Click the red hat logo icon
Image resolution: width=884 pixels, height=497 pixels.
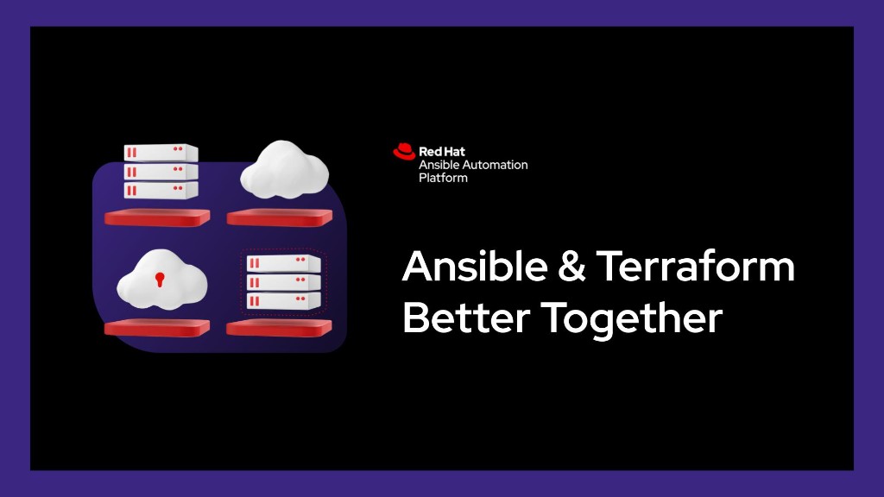(x=404, y=152)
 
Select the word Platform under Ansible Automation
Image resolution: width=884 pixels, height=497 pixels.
(x=443, y=178)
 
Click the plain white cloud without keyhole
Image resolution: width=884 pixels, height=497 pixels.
(x=284, y=169)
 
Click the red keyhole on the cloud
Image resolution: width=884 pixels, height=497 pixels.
(x=159, y=279)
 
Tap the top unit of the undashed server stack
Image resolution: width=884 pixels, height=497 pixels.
(x=161, y=153)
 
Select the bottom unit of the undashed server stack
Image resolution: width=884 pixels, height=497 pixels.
(x=161, y=190)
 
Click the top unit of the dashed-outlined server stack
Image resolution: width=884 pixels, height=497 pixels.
(x=283, y=263)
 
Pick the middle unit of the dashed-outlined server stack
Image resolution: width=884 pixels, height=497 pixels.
(x=283, y=282)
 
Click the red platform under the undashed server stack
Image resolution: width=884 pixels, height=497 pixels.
(x=157, y=217)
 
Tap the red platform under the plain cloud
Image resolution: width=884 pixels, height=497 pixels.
(x=280, y=217)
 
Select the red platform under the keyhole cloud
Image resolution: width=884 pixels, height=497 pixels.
(x=157, y=328)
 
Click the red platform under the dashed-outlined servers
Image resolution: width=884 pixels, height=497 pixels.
(x=280, y=328)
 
